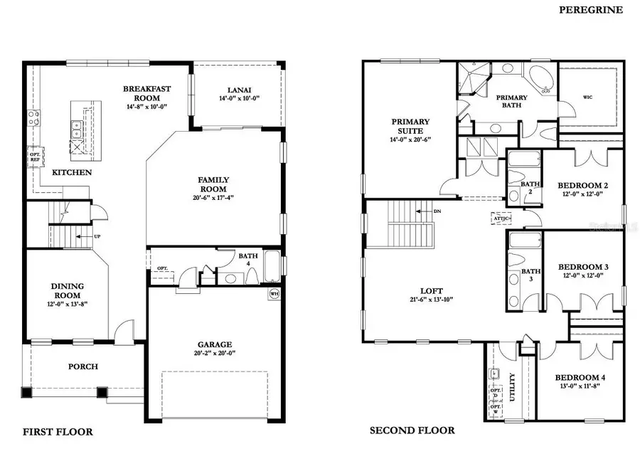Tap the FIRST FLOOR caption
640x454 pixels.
click(x=58, y=431)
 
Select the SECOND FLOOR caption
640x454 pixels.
click(x=412, y=431)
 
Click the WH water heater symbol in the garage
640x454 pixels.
click(x=274, y=292)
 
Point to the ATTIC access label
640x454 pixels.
click(x=500, y=219)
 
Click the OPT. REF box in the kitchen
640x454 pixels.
click(x=35, y=156)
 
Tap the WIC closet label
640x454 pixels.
click(x=587, y=97)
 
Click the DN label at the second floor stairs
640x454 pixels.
click(x=438, y=211)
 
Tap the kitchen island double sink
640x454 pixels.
click(x=76, y=128)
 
